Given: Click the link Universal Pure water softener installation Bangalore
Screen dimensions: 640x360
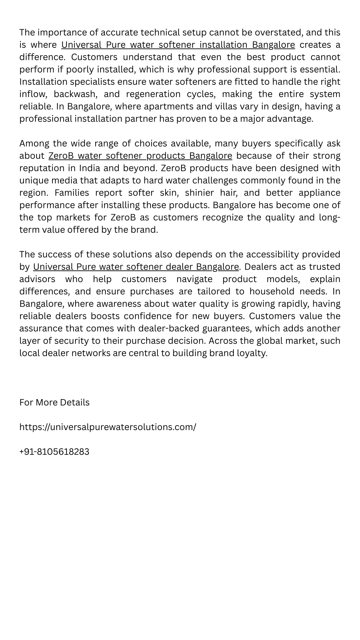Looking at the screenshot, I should pyautogui.click(x=178, y=45).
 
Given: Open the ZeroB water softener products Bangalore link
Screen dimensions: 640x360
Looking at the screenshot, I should pyautogui.click(x=140, y=156).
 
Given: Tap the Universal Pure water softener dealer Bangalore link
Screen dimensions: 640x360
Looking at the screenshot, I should pyautogui.click(x=136, y=267).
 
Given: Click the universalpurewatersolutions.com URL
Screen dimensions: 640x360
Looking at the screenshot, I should pyautogui.click(x=108, y=427).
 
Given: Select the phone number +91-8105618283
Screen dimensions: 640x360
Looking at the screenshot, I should pyautogui.click(x=54, y=452).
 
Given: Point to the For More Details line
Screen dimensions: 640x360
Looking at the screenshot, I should pyautogui.click(x=54, y=402).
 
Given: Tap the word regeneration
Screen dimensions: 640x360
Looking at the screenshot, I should pyautogui.click(x=153, y=94).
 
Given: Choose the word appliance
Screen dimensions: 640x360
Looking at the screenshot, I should pyautogui.click(x=319, y=193).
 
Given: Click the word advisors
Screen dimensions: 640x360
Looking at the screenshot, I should pyautogui.click(x=37, y=279).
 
